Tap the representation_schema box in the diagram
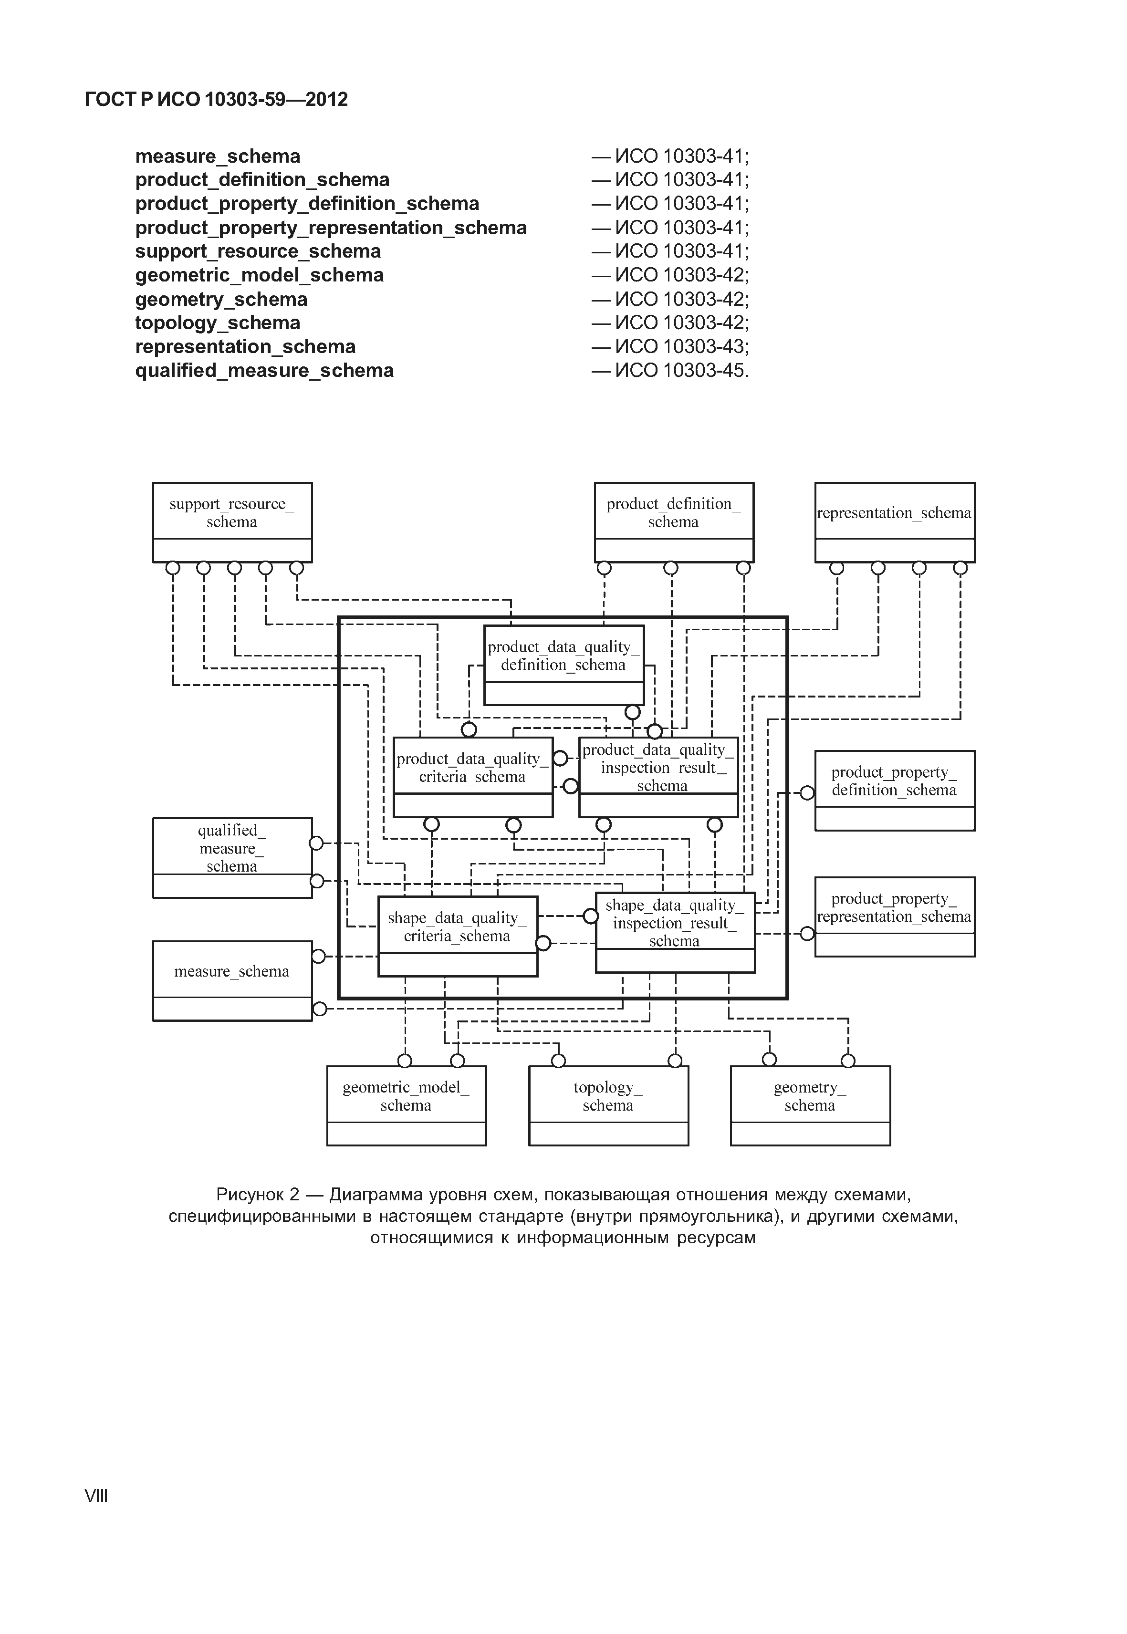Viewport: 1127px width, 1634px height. [x=894, y=522]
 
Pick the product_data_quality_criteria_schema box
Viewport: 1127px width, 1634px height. [x=472, y=776]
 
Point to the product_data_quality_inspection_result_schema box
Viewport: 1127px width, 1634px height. [x=658, y=776]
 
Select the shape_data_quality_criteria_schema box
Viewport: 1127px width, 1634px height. [x=458, y=935]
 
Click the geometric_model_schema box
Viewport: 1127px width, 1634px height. [x=406, y=1104]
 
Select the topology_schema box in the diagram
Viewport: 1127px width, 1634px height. [x=608, y=1104]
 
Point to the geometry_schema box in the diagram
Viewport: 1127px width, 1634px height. [x=810, y=1104]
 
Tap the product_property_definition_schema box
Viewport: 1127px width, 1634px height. [x=894, y=790]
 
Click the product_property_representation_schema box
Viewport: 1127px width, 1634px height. [x=894, y=916]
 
